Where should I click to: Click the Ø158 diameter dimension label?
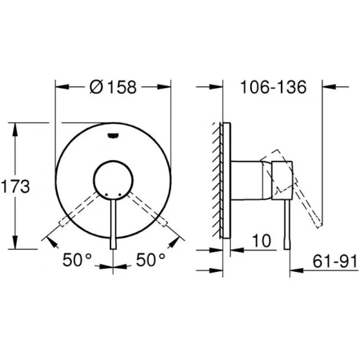pos(113,87)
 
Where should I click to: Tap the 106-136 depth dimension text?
pos(273,87)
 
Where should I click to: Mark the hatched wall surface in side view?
pos(216,180)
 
